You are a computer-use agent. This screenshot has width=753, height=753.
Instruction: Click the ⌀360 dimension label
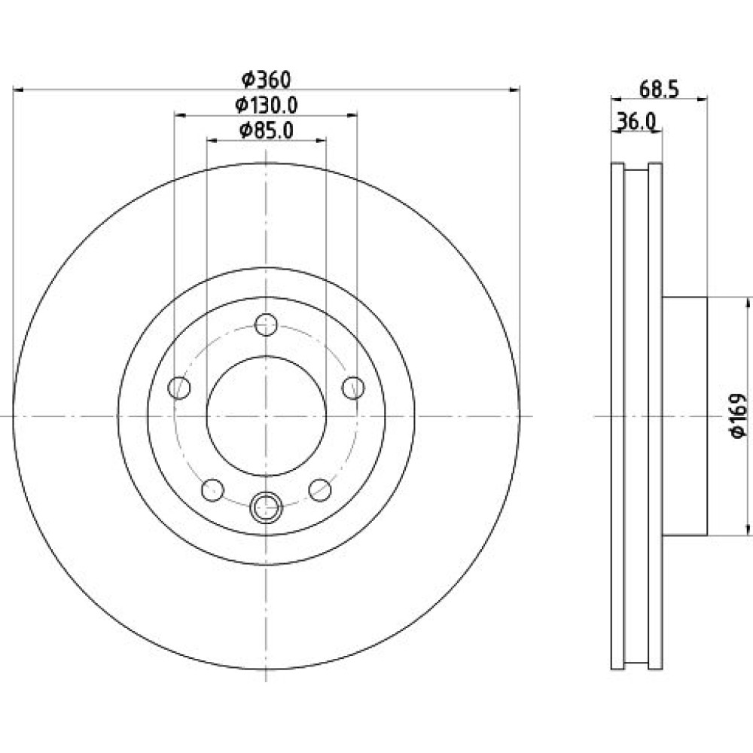coord(266,80)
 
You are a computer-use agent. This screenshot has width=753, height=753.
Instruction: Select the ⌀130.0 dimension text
coord(266,105)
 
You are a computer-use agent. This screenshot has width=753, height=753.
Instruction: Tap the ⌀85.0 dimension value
coord(266,130)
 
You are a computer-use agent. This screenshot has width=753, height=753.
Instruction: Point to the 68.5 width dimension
coord(659,90)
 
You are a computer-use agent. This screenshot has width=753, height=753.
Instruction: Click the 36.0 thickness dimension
coord(636,121)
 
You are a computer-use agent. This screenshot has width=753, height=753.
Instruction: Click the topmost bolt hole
coord(266,325)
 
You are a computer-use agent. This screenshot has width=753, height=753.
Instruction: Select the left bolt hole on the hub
coord(179,388)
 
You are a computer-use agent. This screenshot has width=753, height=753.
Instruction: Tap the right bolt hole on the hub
coord(353,388)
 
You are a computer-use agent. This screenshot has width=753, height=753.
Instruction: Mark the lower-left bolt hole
coord(213,490)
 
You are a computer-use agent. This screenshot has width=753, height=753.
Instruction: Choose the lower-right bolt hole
coord(320,490)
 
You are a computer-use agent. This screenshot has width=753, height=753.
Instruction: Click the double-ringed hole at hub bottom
coord(266,507)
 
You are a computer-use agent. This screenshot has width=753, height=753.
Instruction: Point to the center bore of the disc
coord(267,416)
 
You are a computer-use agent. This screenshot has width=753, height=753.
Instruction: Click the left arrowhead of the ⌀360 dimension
coord(18,90)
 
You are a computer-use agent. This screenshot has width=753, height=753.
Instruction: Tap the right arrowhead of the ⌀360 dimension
coord(514,90)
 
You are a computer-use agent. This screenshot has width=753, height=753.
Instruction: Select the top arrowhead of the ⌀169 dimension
coord(748,303)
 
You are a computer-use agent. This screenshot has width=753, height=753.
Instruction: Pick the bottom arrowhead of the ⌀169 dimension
coord(748,529)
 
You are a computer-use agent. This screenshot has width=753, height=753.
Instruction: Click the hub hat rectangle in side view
coord(684,416)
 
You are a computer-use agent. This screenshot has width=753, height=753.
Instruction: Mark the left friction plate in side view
coord(617,416)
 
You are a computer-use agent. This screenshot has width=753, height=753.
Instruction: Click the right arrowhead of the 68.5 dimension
coord(702,99)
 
